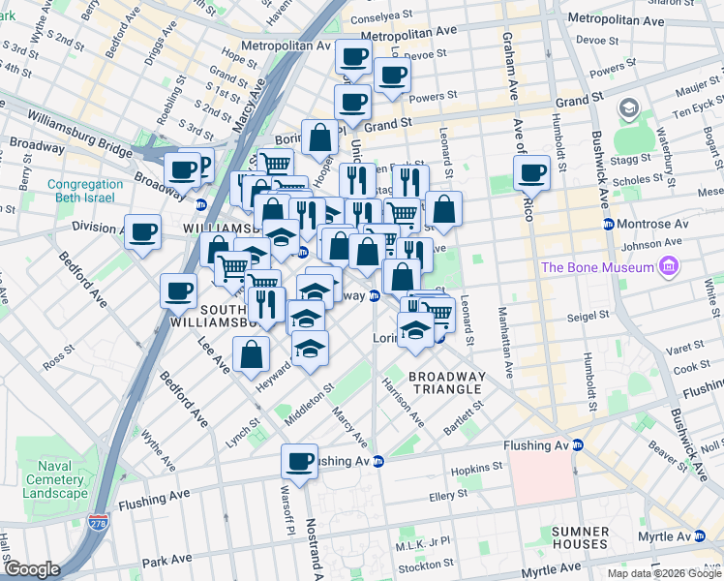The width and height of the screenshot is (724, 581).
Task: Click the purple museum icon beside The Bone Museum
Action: pos(666,266)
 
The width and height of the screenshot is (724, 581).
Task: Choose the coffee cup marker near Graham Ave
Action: pos(531,173)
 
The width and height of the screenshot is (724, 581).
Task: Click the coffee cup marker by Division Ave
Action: pos(143,232)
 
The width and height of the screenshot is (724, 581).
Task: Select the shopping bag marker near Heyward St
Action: pos(252,355)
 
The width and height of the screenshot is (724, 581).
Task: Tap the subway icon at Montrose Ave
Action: pos(609,224)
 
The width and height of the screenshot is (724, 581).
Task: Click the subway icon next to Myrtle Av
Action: pos(714,536)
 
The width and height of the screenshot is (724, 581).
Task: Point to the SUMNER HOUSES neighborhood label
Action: pos(580,539)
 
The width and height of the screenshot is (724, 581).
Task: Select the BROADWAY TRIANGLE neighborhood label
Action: pos(445,382)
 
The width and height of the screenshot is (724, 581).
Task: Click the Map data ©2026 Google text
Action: pos(664,573)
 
